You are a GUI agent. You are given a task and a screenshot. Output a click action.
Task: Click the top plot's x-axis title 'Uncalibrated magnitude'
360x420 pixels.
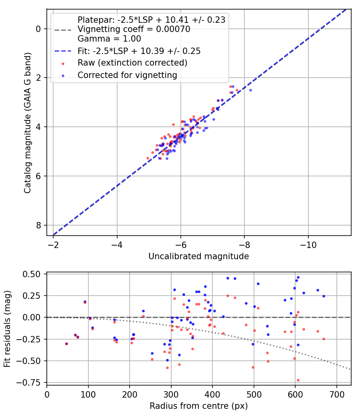tap(198, 256)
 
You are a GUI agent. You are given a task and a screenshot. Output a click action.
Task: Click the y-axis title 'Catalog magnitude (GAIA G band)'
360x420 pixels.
tap(28, 123)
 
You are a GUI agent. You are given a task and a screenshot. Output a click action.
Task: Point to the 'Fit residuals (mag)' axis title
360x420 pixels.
tap(7, 329)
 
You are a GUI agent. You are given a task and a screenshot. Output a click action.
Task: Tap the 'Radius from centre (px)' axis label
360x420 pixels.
tap(198, 406)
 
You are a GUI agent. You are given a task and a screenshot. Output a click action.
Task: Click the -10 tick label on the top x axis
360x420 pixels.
tap(308, 245)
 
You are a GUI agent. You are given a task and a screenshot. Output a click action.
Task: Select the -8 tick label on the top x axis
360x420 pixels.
tap(244, 245)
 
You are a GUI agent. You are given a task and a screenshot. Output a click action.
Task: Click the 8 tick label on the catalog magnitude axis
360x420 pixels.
tap(38, 225)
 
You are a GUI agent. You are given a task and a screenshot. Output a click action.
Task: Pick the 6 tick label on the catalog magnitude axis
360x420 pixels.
tap(38, 176)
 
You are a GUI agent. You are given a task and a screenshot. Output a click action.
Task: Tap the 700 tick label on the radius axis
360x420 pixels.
tap(337, 394)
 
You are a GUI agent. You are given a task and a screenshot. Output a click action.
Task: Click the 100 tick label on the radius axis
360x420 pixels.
tap(88, 394)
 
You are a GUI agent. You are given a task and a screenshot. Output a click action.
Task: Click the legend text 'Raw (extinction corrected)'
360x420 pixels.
tap(132, 63)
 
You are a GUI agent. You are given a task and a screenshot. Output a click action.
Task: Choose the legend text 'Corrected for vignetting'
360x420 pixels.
tap(128, 75)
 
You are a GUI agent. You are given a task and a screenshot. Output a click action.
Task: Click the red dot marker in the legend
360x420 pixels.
tap(63, 64)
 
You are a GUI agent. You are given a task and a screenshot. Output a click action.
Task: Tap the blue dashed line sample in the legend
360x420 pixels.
tap(63, 51)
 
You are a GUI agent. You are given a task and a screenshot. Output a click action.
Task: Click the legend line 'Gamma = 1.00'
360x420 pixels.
tap(109, 38)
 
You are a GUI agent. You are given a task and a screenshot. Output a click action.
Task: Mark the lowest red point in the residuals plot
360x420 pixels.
tap(298, 380)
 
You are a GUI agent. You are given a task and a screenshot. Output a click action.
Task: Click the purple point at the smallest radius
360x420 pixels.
tap(66, 344)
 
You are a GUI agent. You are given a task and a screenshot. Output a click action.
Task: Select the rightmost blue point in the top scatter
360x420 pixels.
tap(250, 90)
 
